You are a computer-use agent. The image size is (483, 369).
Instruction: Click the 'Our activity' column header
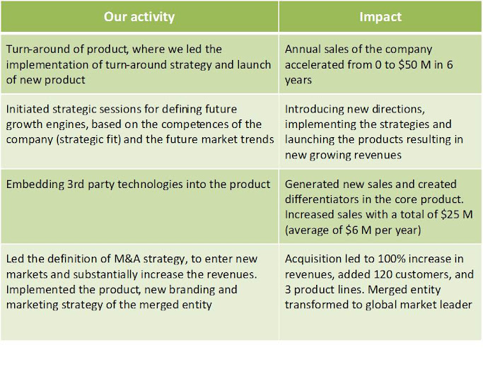pyautogui.click(x=139, y=17)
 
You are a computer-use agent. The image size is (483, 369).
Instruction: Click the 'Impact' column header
pyautogui.click(x=380, y=17)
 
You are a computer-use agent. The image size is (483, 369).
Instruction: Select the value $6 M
pyautogui.click(x=359, y=230)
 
